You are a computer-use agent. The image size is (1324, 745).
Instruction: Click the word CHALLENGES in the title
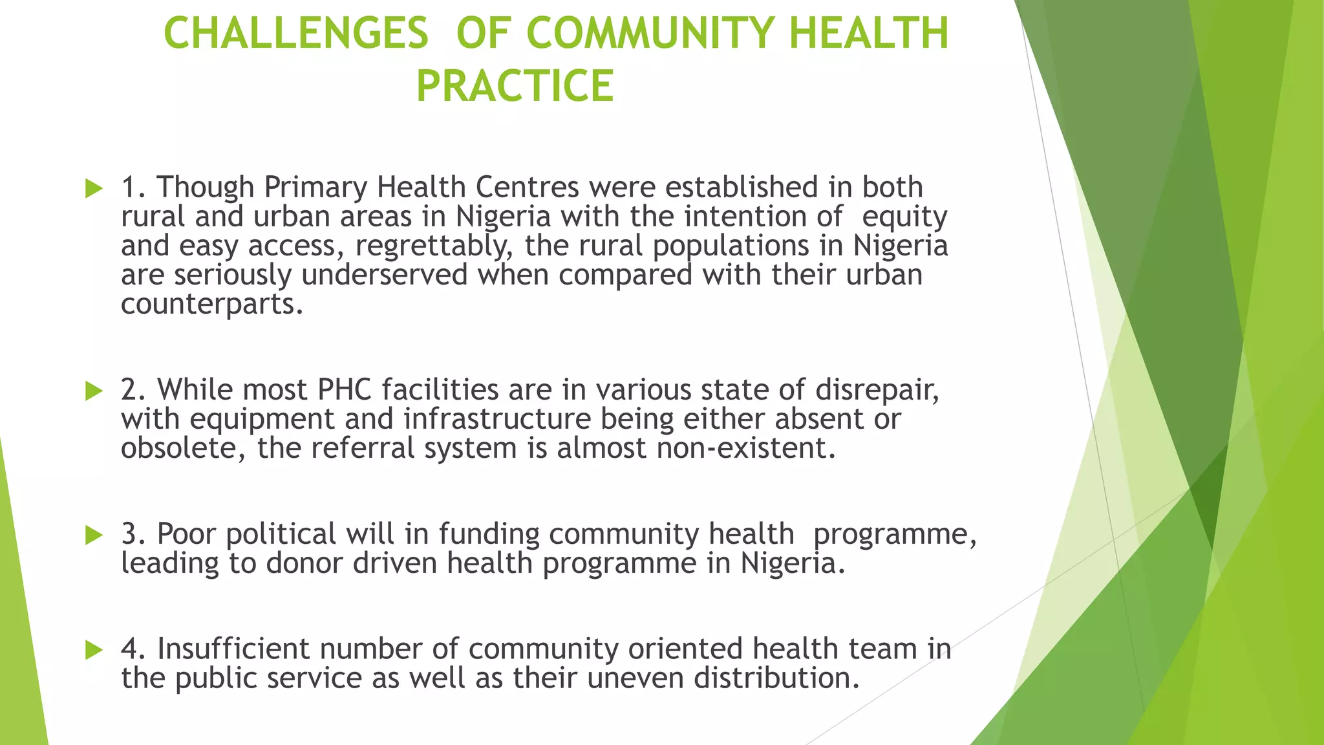pos(296,33)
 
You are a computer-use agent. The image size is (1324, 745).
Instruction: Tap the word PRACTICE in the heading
pos(515,86)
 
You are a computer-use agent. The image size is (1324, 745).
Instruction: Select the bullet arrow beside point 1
pos(94,189)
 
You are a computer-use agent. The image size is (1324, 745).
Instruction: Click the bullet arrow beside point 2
pos(94,391)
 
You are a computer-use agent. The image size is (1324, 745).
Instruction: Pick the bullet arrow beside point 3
pos(94,535)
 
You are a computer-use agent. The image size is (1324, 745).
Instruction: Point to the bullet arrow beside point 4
pos(94,650)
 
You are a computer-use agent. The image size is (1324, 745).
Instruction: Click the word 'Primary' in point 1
pos(315,188)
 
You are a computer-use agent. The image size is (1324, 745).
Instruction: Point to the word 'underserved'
pos(385,275)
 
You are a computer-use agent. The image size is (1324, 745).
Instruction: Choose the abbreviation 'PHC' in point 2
pos(345,390)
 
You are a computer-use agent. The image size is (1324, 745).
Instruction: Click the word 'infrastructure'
pos(497,419)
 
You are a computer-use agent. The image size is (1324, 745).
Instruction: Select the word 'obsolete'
pos(182,448)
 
